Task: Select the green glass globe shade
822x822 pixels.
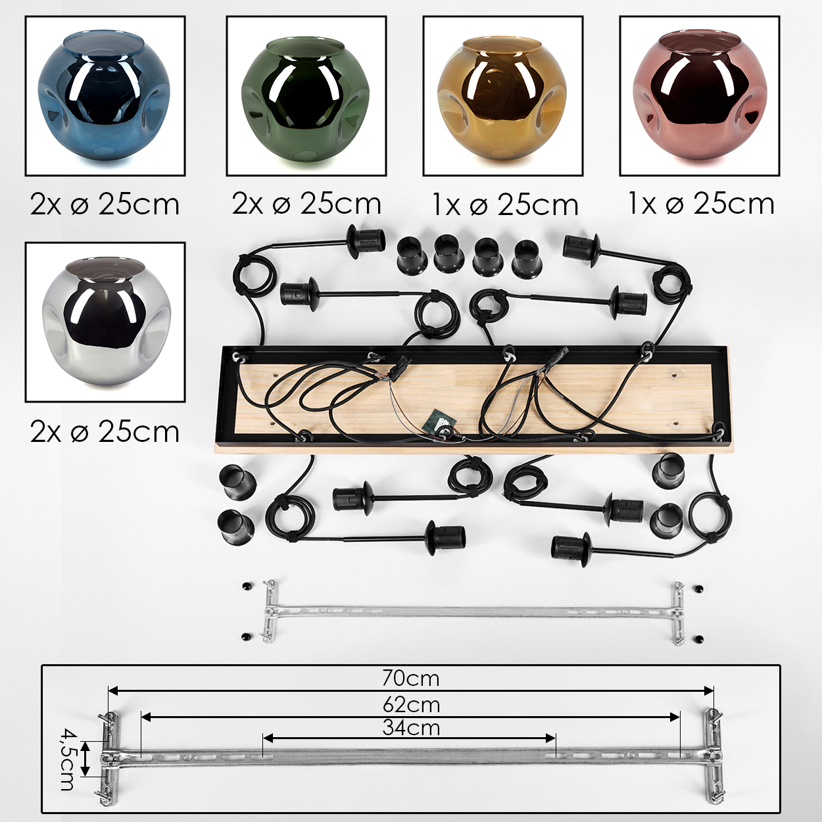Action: tap(305, 99)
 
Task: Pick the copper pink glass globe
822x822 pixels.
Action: tap(699, 97)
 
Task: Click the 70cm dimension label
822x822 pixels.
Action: tap(410, 678)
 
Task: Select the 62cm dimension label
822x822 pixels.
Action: tap(411, 705)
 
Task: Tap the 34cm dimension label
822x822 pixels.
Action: tap(411, 728)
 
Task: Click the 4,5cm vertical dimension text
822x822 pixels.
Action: tap(66, 759)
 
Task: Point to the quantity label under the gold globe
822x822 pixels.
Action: tap(505, 205)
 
